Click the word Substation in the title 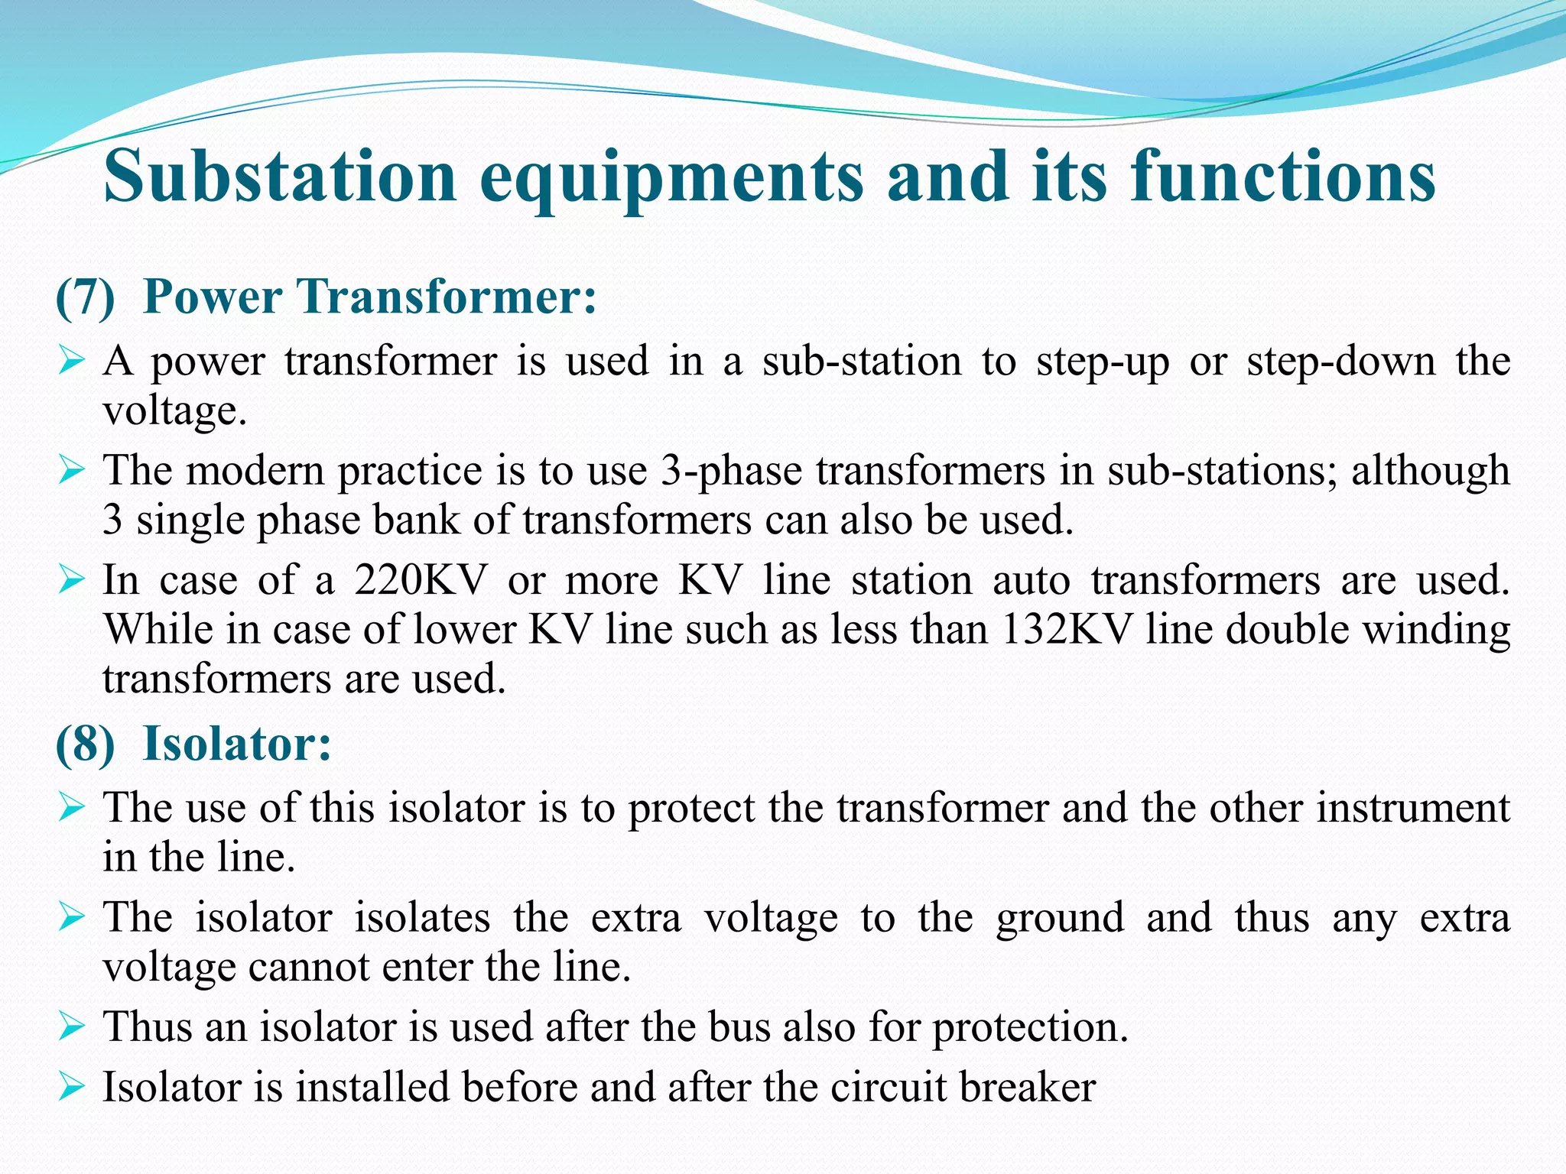point(281,177)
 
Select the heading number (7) point(86,297)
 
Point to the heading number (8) point(86,744)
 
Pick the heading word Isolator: point(238,743)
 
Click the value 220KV point(421,580)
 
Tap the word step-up point(1102,362)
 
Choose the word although point(1431,470)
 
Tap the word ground point(1060,918)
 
